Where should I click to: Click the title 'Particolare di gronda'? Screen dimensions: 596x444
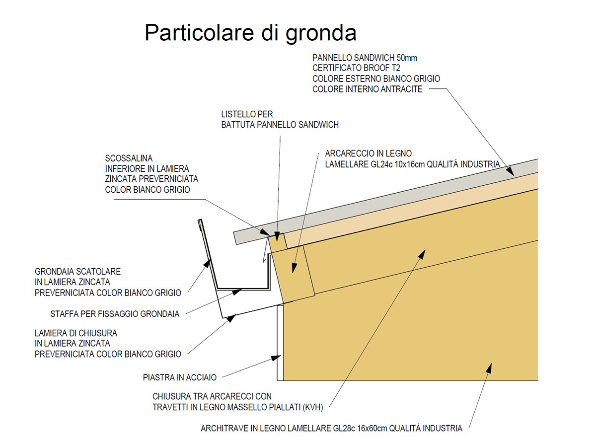tap(250, 33)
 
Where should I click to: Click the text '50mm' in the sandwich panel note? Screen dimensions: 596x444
tap(407, 58)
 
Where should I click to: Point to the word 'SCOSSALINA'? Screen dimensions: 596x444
tap(129, 158)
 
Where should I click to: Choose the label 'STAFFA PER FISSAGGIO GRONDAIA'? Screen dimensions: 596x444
tap(115, 314)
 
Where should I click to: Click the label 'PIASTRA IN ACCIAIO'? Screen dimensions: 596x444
tap(179, 377)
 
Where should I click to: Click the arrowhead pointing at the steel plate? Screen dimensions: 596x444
tap(276, 358)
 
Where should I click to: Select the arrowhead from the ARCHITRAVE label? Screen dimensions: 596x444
tap(489, 368)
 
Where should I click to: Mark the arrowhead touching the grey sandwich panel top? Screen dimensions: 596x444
tap(510, 171)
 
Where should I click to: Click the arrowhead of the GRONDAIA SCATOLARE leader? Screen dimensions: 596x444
tap(207, 263)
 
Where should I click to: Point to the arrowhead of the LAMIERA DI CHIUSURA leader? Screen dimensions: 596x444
tap(231, 318)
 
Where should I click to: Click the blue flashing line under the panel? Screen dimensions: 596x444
tap(267, 247)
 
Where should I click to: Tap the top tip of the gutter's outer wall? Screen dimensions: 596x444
tap(200, 220)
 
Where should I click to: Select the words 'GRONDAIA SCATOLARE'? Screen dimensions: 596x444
tap(77, 272)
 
